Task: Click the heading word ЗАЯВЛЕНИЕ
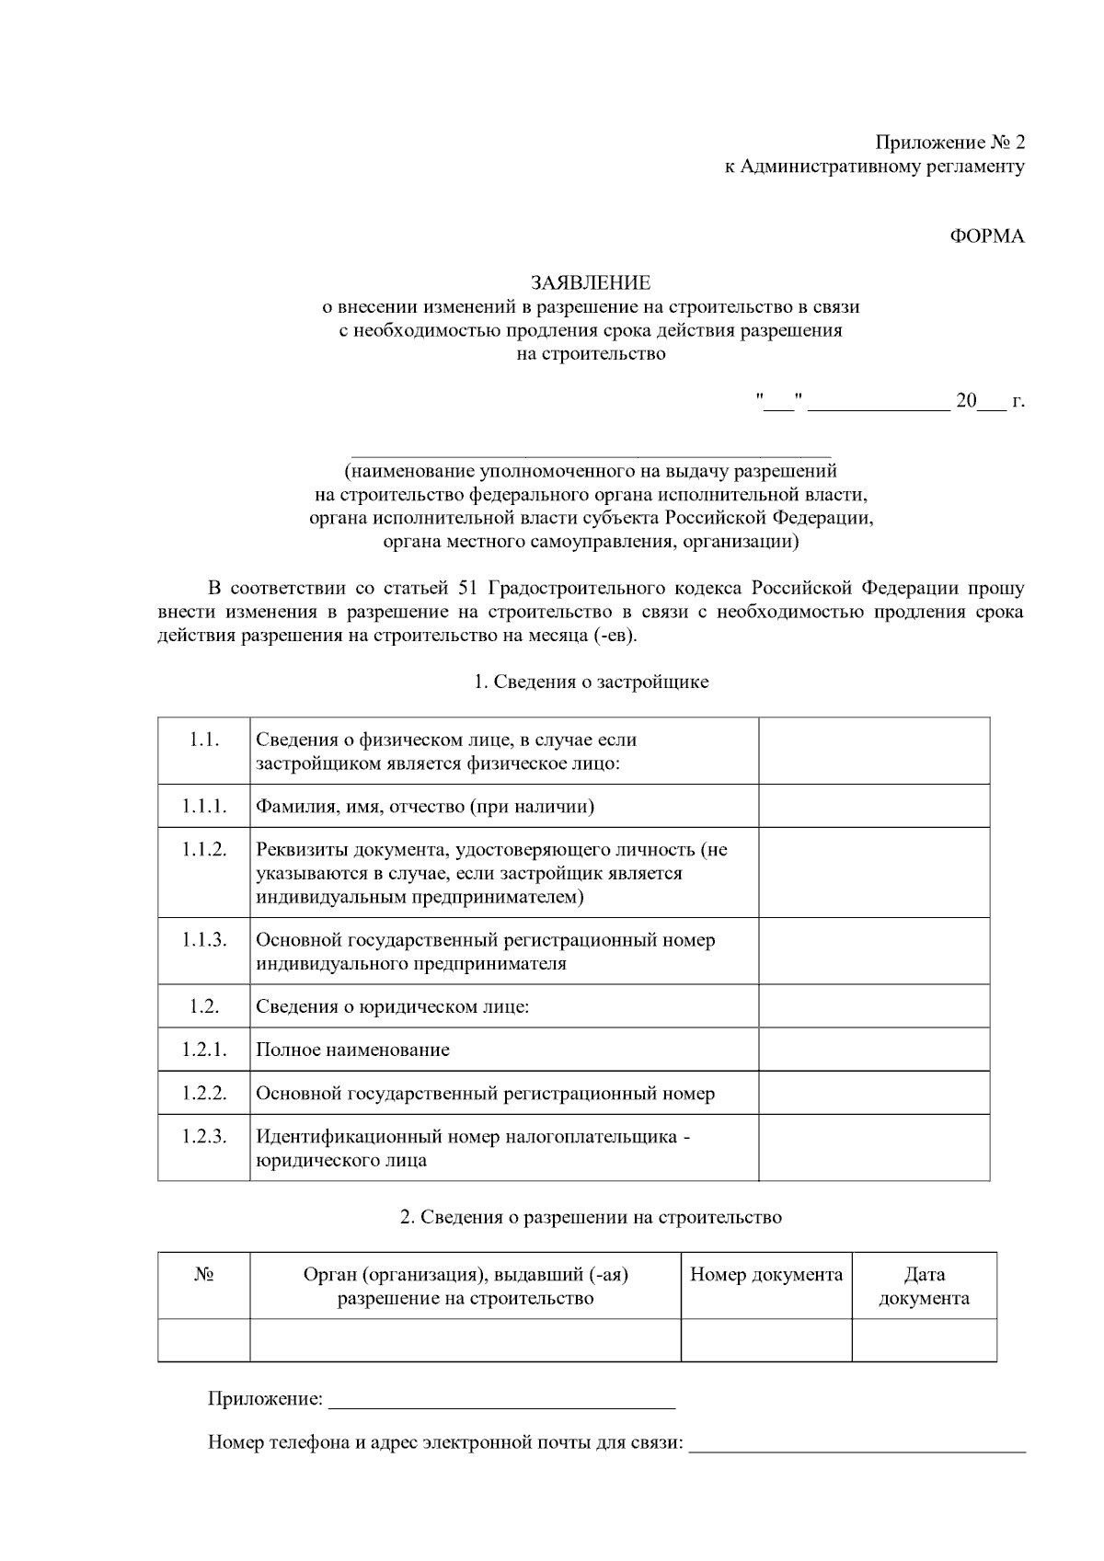click(x=590, y=282)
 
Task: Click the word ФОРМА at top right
click(x=987, y=235)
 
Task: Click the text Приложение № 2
click(x=949, y=143)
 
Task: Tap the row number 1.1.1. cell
click(x=203, y=807)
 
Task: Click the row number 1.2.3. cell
click(x=203, y=1136)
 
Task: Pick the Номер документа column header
click(x=766, y=1274)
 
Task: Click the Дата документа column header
click(x=924, y=1286)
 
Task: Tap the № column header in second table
click(x=204, y=1275)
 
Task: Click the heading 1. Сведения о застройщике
click(x=591, y=682)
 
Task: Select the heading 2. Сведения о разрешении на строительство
click(x=591, y=1217)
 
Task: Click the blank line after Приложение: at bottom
click(x=501, y=1401)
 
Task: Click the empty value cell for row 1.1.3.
click(x=874, y=951)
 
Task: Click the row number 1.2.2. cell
click(x=203, y=1093)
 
